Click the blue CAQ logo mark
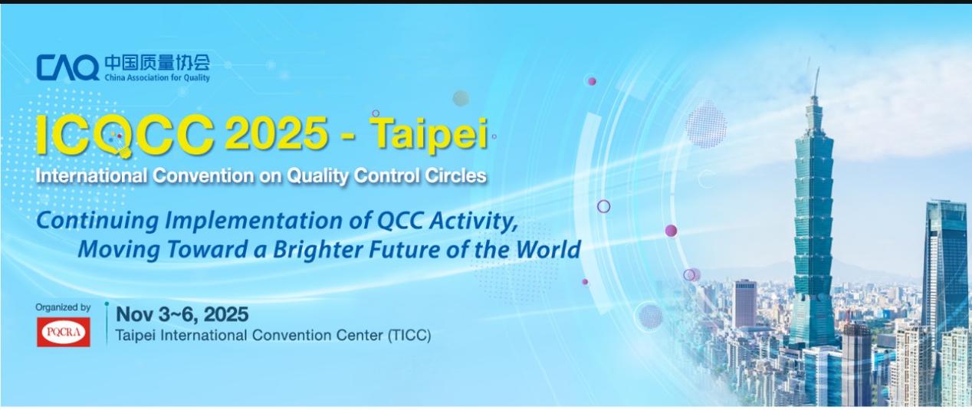click(67, 67)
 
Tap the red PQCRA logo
click(64, 332)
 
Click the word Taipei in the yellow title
click(429, 133)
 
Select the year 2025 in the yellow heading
click(277, 133)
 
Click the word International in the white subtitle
click(91, 175)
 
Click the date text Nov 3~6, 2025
click(182, 314)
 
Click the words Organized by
click(63, 307)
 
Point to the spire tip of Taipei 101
click(819, 68)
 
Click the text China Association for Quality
click(157, 77)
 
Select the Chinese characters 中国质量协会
click(157, 63)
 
